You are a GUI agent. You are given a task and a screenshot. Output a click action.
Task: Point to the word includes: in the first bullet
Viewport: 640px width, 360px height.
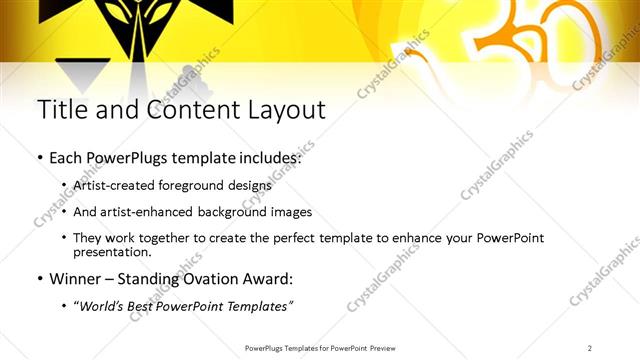click(x=267, y=158)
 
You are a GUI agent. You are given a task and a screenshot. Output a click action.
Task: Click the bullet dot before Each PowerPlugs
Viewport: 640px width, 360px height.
click(x=39, y=159)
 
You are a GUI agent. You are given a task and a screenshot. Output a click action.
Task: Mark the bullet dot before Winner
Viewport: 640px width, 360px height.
click(x=39, y=280)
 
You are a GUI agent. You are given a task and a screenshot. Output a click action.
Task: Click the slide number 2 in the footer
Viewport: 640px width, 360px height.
click(x=590, y=348)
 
